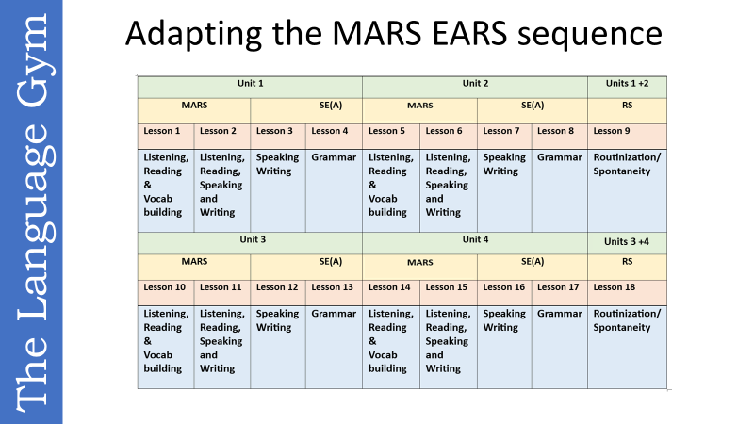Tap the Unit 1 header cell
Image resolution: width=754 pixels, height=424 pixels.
click(x=250, y=84)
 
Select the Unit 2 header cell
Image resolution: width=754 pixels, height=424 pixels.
click(x=475, y=84)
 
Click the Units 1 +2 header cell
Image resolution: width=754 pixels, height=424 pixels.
click(x=627, y=84)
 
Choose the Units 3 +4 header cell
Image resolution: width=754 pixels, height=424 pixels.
click(x=627, y=241)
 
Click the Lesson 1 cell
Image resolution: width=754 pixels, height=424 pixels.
click(x=166, y=131)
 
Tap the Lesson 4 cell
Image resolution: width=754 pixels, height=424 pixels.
click(x=333, y=131)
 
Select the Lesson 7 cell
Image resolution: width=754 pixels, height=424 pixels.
click(x=505, y=131)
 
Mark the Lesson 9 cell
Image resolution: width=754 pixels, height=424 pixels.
click(x=627, y=131)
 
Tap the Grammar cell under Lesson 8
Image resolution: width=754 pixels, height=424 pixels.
click(x=560, y=188)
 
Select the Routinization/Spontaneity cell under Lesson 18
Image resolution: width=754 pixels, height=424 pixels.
click(x=627, y=345)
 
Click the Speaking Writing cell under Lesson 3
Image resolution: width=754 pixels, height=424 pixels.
click(x=278, y=188)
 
